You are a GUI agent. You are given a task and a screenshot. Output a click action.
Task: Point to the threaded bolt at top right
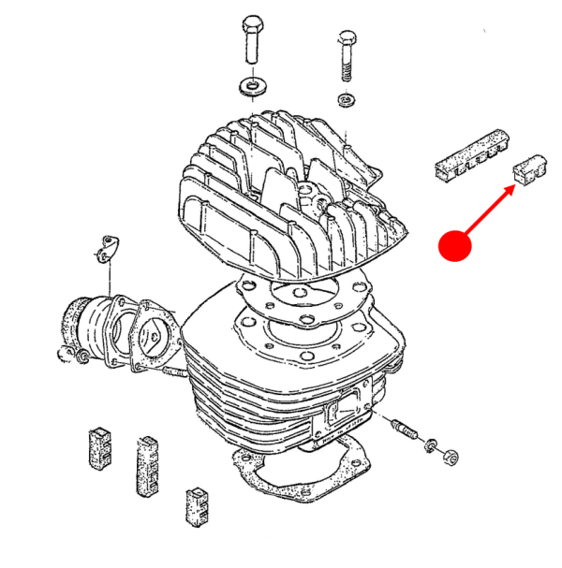tap(345, 54)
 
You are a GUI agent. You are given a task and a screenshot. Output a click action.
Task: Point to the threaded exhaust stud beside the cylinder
tap(405, 430)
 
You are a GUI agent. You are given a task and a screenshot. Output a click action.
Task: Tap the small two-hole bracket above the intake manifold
tap(112, 247)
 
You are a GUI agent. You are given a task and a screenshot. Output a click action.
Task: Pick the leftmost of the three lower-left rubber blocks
tap(99, 446)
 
